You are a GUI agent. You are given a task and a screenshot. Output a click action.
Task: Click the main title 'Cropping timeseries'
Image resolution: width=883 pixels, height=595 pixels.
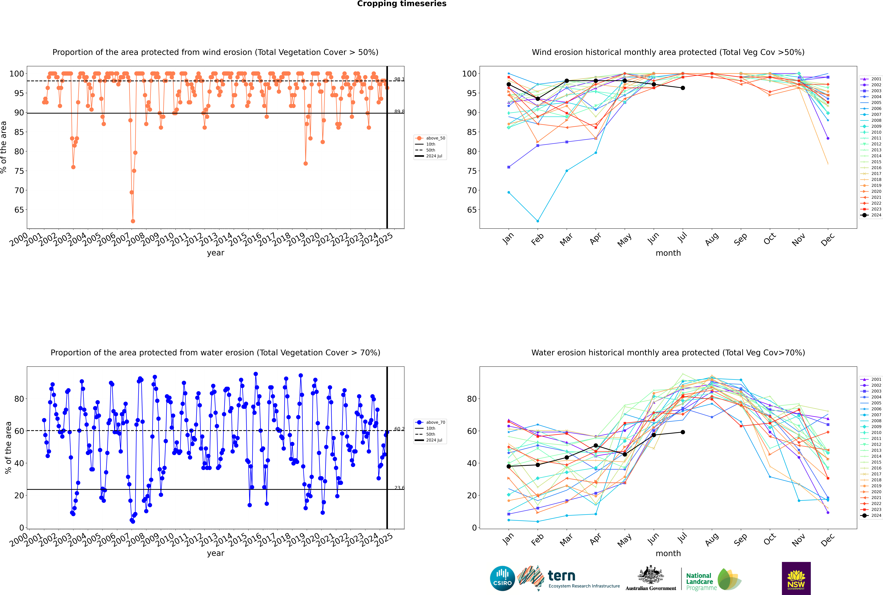(402, 4)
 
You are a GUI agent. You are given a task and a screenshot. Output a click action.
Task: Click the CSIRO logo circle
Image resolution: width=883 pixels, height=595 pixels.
(502, 578)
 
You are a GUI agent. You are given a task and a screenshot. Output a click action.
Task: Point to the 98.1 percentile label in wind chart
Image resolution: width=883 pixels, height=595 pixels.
(399, 79)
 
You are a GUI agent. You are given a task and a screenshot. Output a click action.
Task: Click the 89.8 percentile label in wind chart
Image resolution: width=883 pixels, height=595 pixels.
(399, 112)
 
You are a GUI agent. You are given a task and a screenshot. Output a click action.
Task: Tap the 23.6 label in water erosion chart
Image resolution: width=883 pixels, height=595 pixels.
(399, 488)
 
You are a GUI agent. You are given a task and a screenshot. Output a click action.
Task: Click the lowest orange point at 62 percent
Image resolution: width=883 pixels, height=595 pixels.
(133, 221)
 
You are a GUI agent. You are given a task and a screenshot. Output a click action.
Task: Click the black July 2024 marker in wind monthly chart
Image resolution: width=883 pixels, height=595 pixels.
(683, 88)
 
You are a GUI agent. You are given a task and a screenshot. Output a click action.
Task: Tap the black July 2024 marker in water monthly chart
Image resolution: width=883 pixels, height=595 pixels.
(683, 432)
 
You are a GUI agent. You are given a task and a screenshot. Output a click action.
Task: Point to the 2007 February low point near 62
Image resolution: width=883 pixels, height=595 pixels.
(538, 221)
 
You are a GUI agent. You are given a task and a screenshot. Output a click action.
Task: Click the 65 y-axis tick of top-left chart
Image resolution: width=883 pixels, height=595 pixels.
(19, 210)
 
